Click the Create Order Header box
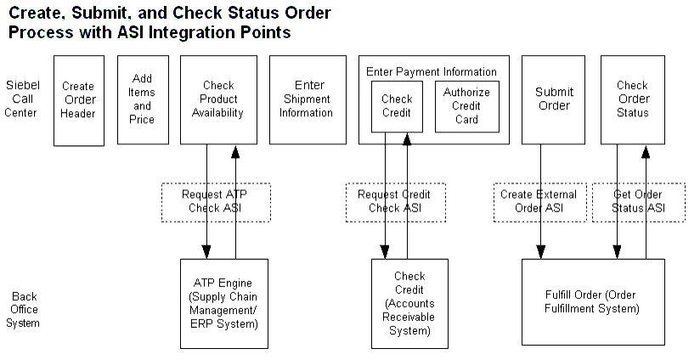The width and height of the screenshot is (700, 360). coord(78,100)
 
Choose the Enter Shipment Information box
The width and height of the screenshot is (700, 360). coord(308,100)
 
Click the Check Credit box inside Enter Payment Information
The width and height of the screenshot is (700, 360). coord(397,107)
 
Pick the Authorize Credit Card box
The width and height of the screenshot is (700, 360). coord(466,107)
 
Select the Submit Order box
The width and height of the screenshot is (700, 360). coord(554,100)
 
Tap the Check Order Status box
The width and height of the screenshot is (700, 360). coord(632,100)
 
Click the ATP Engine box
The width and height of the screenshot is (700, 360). coord(224,303)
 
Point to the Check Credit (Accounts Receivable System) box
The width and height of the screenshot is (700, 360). coord(409,303)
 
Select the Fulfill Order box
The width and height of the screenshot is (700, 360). coord(592,302)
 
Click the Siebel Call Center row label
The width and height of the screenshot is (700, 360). coord(22,100)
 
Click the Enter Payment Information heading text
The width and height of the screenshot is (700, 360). coord(432,71)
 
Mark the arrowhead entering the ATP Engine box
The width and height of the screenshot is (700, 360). coord(206,252)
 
